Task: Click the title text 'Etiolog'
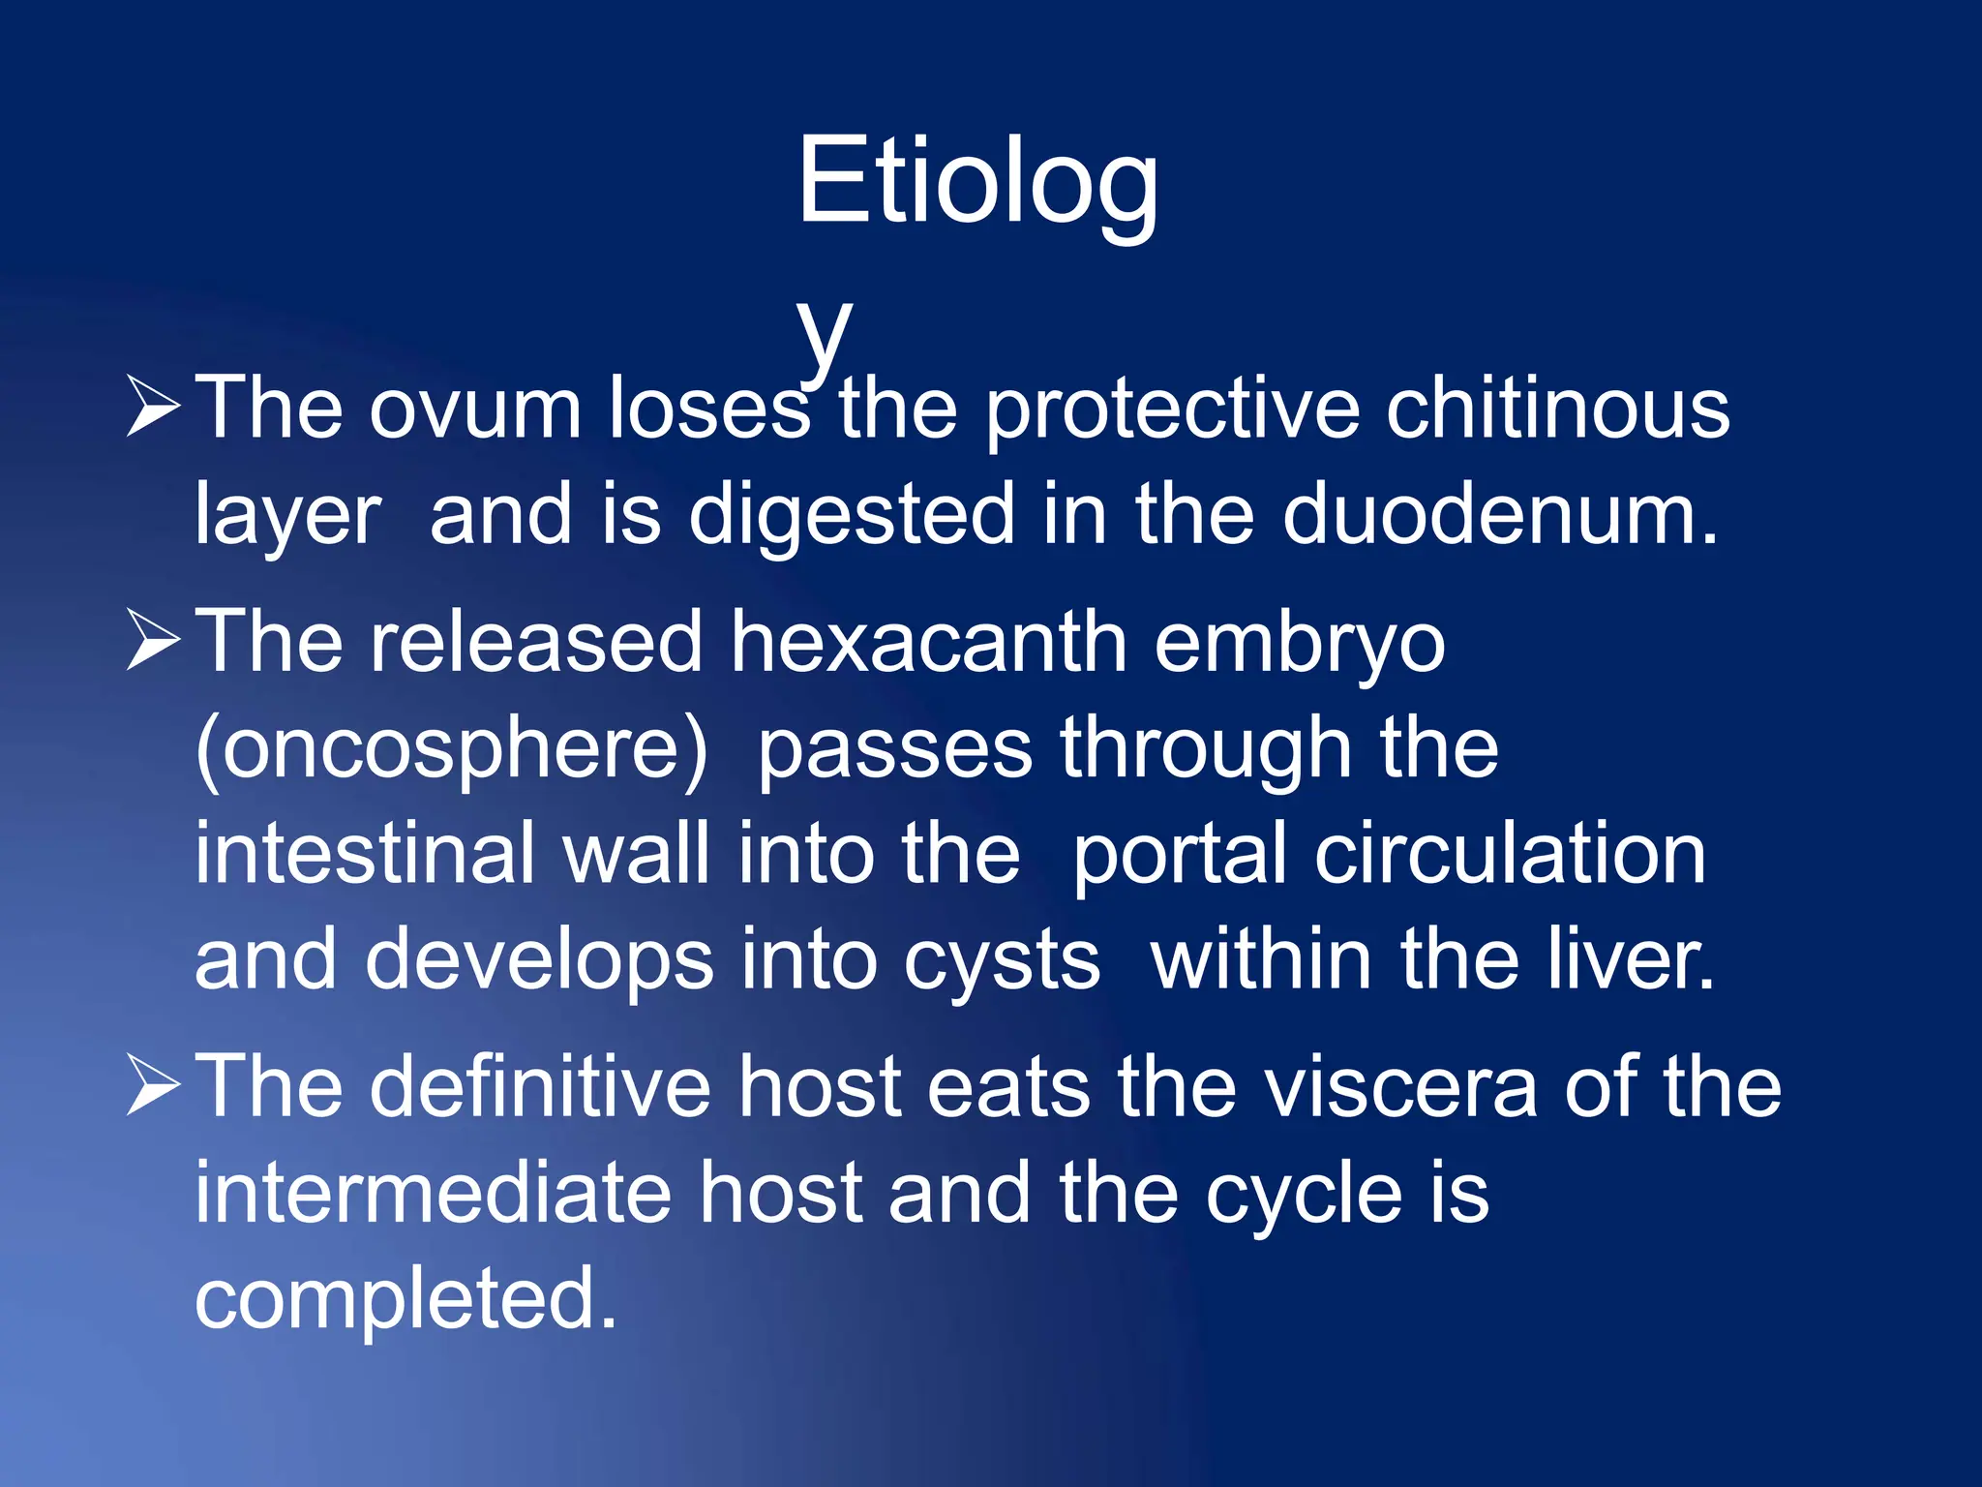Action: [977, 182]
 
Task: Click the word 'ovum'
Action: [474, 410]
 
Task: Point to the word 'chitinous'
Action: [1557, 410]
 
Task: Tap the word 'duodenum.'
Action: [1500, 515]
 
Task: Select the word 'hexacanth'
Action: [929, 643]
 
